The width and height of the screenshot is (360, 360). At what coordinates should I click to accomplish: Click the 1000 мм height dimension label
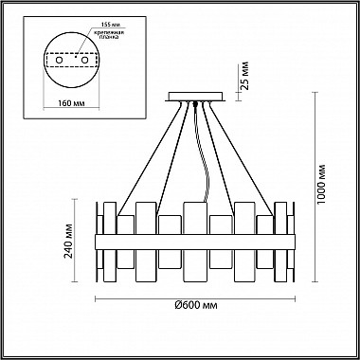tap(321, 184)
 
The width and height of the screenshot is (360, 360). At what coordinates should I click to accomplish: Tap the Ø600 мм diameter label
tap(196, 305)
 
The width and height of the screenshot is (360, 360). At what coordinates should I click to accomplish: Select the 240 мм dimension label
tap(68, 241)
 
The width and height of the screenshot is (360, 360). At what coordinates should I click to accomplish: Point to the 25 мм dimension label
tap(244, 76)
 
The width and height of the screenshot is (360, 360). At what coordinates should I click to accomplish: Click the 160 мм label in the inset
tap(72, 103)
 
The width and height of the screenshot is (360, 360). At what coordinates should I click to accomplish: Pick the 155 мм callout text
tap(110, 25)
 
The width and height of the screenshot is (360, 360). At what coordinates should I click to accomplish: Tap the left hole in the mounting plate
tap(59, 60)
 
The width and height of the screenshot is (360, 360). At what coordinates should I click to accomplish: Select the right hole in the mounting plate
tap(84, 60)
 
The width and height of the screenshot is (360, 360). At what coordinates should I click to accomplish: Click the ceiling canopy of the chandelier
tap(195, 97)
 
